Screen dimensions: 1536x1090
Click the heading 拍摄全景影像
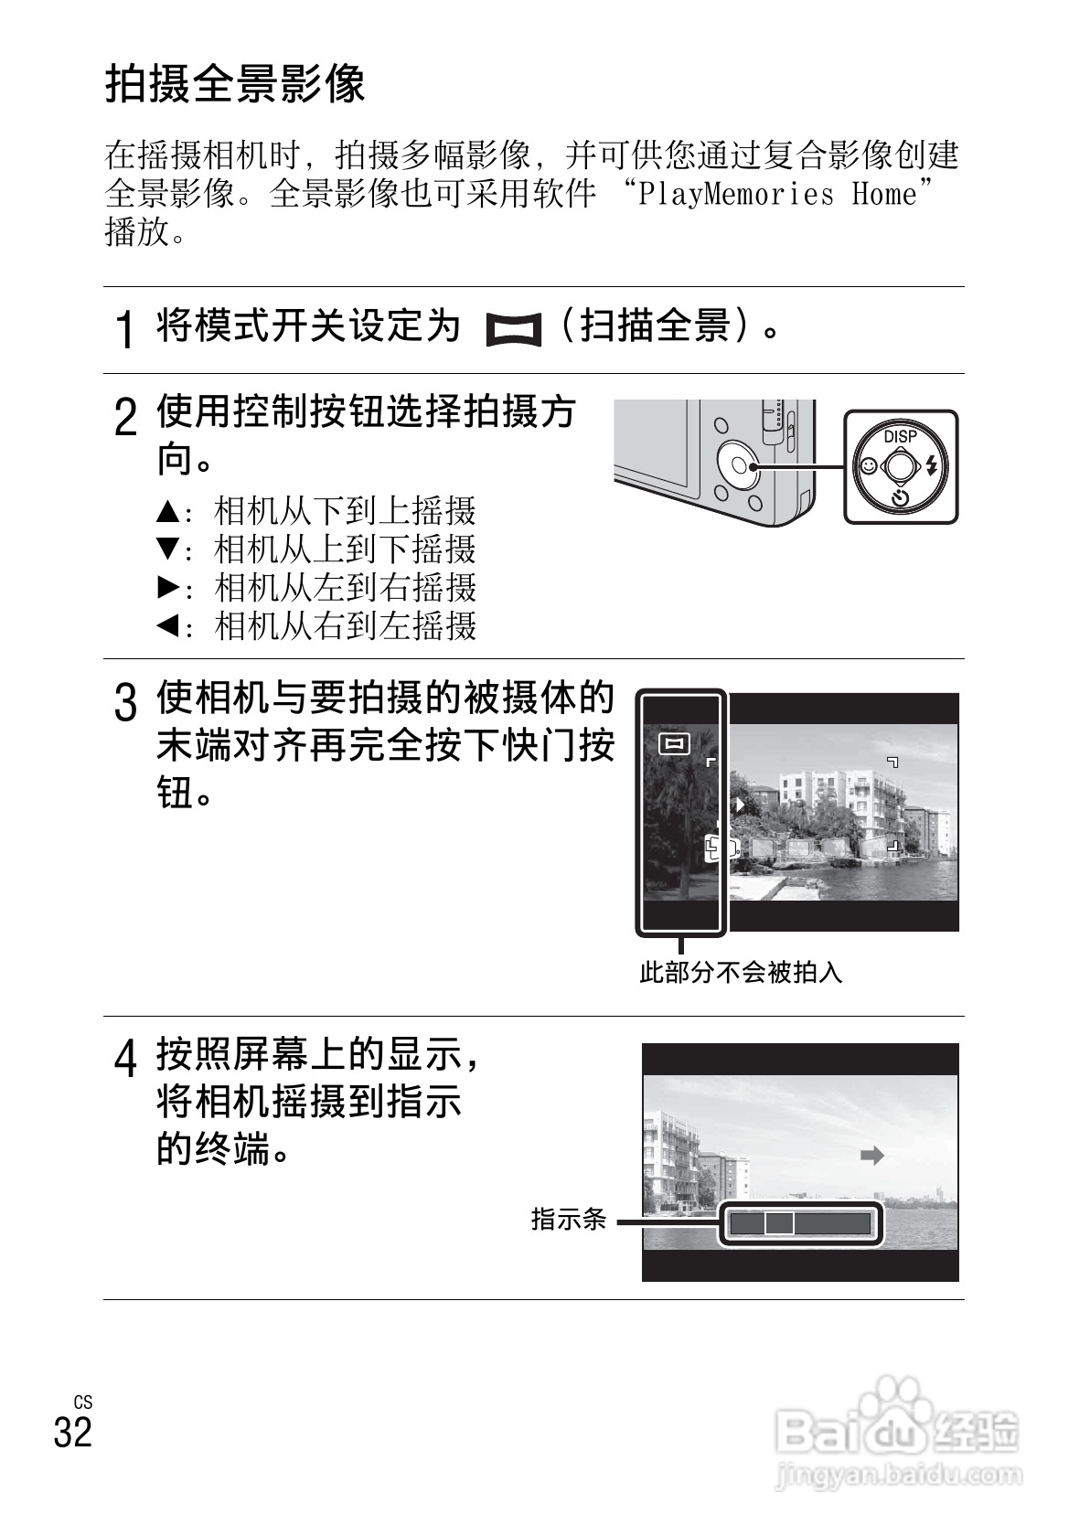tap(235, 85)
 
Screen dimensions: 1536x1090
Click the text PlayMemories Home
tap(777, 195)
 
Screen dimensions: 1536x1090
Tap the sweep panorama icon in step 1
tap(513, 330)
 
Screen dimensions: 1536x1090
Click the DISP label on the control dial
tap(900, 437)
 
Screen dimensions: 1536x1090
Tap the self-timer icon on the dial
tap(901, 498)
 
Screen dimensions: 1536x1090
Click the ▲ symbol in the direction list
tap(166, 510)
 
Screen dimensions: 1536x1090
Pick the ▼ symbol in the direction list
tap(166, 549)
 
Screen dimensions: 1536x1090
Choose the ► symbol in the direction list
tap(166, 587)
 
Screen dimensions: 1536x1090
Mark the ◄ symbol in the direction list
tap(166, 626)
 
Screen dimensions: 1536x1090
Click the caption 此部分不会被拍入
tap(740, 972)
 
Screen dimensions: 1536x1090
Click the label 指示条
tap(569, 1219)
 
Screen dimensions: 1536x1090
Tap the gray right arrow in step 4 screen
tap(872, 1156)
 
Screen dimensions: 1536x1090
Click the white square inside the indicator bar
tap(779, 1223)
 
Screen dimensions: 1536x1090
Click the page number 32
tap(73, 1432)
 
